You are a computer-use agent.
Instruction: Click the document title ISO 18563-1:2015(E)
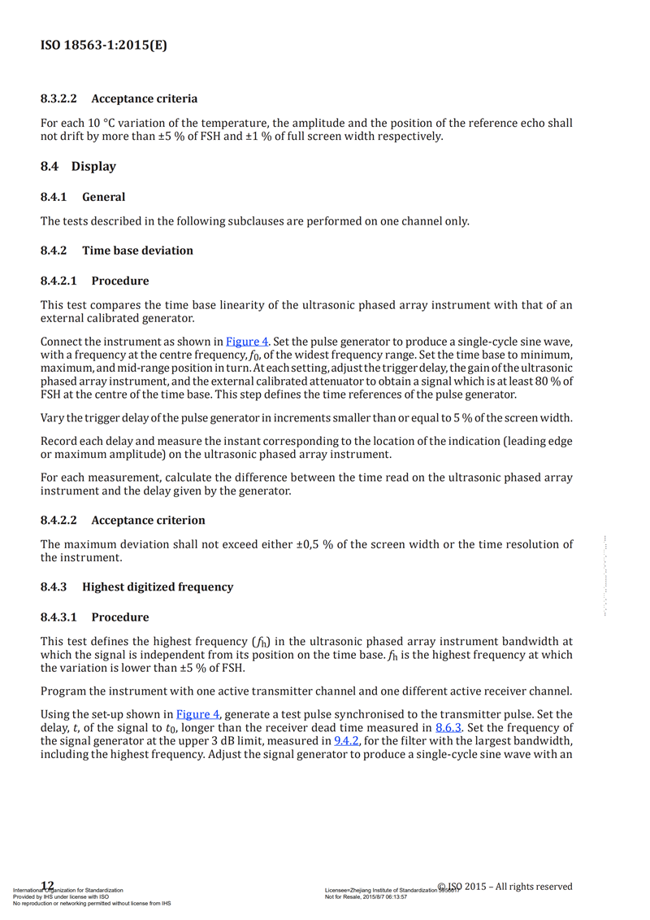pyautogui.click(x=104, y=46)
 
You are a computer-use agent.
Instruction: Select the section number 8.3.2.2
pyautogui.click(x=58, y=98)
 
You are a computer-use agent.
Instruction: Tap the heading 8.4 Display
pyautogui.click(x=78, y=166)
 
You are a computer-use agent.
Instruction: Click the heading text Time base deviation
pyautogui.click(x=137, y=251)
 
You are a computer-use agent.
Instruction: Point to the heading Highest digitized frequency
pyautogui.click(x=158, y=586)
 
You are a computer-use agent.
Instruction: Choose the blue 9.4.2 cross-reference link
pyautogui.click(x=349, y=741)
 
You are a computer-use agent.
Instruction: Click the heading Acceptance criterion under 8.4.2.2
pyautogui.click(x=148, y=520)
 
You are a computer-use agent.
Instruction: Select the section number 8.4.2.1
pyautogui.click(x=58, y=281)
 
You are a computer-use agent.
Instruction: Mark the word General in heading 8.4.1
pyautogui.click(x=103, y=196)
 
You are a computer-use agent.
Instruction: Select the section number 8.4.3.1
pyautogui.click(x=58, y=617)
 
